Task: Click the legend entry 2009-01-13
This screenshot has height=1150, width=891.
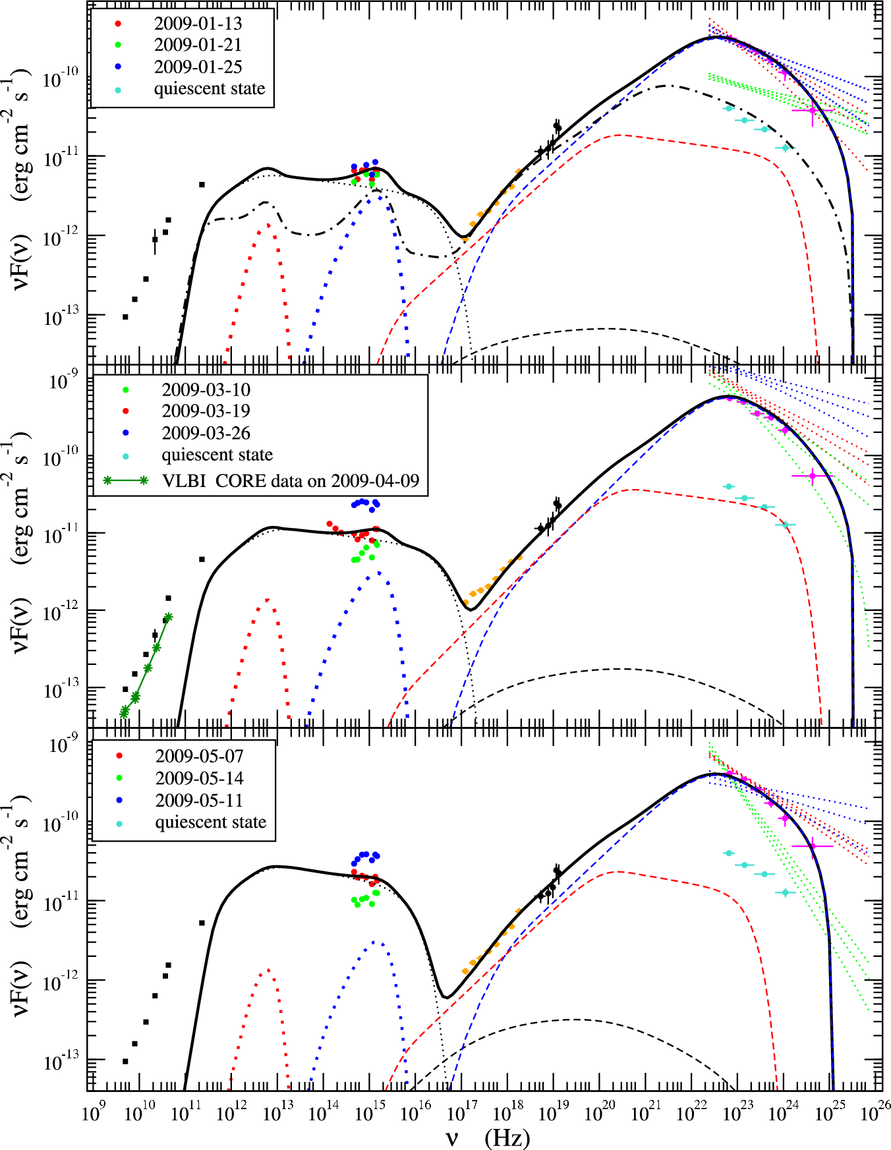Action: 198,24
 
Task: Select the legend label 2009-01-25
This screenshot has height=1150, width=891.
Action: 198,67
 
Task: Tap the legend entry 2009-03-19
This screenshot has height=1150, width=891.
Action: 206,411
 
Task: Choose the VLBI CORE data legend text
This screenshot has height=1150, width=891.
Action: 291,480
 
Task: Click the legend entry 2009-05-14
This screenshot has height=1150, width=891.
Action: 199,778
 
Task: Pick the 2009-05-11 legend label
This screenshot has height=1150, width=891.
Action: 199,800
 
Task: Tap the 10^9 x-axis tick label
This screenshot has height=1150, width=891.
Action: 94,1112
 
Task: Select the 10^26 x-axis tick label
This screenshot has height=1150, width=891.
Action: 875,1112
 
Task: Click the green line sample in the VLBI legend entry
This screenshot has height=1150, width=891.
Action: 125,480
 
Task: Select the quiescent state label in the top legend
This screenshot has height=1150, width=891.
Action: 210,89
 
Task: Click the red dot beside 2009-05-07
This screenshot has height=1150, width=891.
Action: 119,756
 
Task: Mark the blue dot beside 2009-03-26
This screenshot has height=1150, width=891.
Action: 125,433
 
